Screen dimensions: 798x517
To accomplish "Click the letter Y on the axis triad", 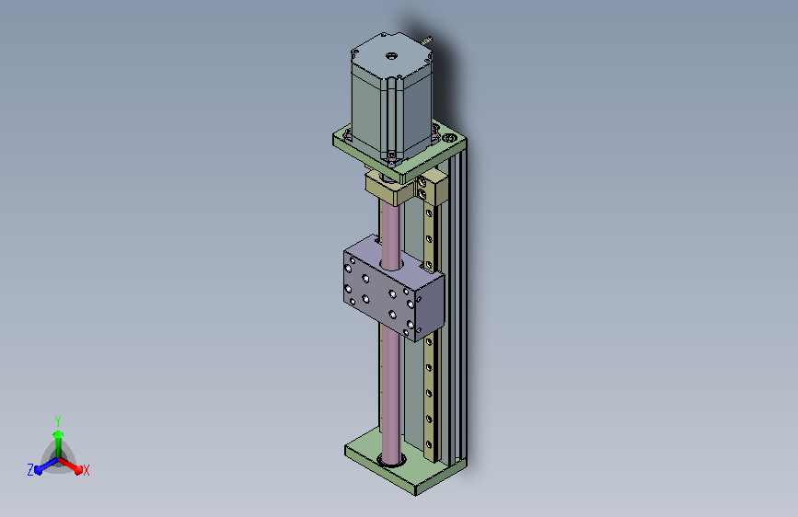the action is coord(58,420).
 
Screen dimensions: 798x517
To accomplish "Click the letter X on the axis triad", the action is coord(86,470).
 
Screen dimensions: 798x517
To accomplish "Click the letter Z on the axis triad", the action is coord(30,470).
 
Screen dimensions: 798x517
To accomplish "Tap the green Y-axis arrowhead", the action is coord(58,434).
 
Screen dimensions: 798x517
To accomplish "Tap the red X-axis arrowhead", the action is coord(78,469).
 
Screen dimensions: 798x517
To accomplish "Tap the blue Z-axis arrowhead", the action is coord(39,470).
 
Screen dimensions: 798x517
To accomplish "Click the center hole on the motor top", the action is coord(391,55).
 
